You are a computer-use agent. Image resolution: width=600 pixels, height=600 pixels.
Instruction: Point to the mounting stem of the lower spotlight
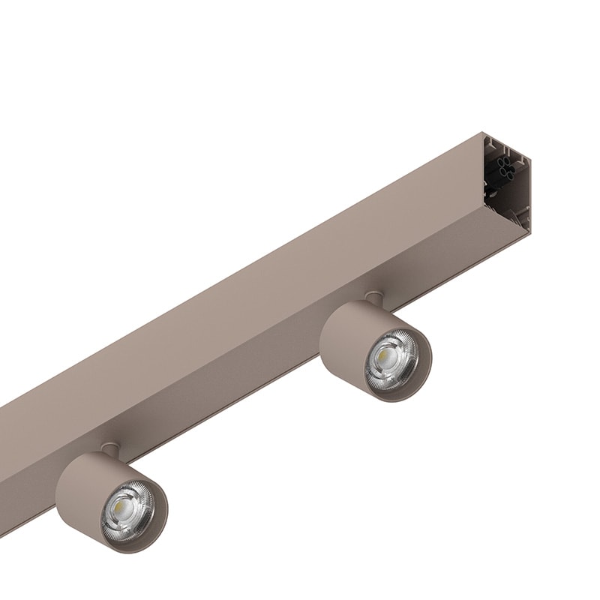[x=109, y=449]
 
